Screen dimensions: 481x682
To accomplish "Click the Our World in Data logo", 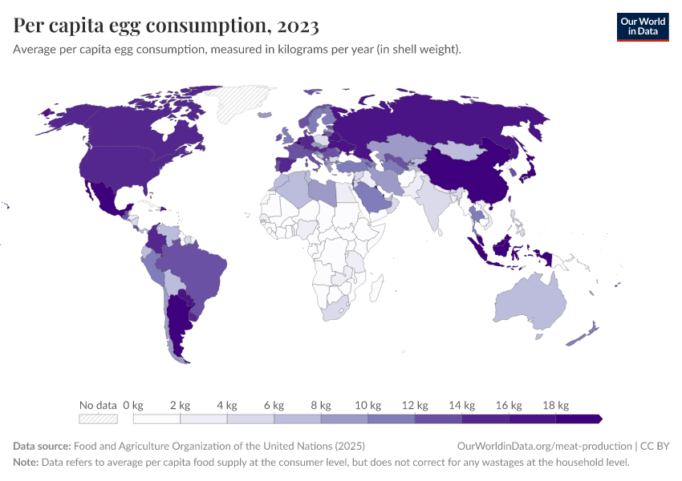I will point(642,26).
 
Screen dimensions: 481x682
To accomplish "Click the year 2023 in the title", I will point(297,26).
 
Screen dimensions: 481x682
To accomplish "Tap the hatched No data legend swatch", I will point(98,418).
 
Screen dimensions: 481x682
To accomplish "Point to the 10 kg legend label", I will point(367,405).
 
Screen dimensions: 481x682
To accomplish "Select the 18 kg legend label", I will point(555,405).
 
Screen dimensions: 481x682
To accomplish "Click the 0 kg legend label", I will point(133,405).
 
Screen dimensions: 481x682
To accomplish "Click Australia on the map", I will point(530,301).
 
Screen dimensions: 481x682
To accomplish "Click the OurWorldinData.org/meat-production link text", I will point(543,446).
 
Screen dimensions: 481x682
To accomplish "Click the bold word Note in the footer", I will point(26,463).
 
